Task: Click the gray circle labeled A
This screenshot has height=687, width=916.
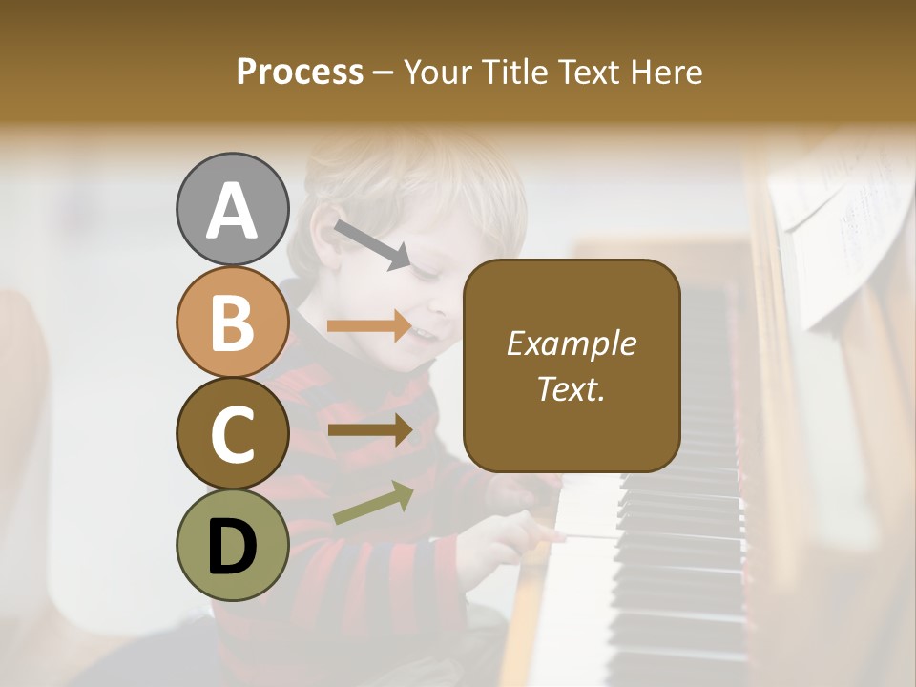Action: (x=232, y=210)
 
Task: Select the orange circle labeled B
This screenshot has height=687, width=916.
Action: (x=232, y=322)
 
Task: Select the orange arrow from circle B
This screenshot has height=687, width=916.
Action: (x=369, y=327)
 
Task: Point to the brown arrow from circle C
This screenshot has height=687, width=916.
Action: (x=369, y=429)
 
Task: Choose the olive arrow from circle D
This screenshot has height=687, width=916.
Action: (x=373, y=503)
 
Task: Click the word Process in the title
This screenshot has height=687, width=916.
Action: (x=300, y=72)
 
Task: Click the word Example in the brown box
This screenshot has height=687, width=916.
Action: (x=572, y=343)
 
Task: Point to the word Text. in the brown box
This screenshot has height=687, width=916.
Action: (x=572, y=388)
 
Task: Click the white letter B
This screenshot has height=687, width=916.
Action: (x=232, y=323)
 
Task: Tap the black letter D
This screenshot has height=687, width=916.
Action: (x=232, y=545)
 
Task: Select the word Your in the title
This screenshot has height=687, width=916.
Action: (x=435, y=72)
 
